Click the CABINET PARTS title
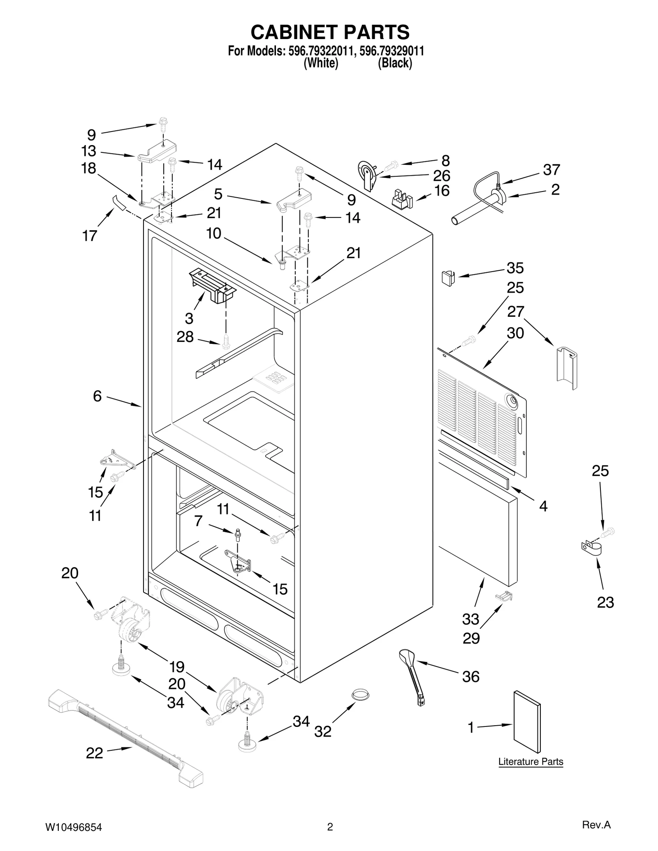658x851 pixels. pos(330,32)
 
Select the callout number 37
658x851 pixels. pos(551,169)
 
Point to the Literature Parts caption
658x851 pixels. pos(531,761)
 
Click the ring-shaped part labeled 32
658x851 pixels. pos(360,694)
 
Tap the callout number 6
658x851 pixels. pos(97,396)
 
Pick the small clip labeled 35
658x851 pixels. pos(448,278)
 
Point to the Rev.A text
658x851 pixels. pos(596,823)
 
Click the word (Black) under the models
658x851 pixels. pos(395,63)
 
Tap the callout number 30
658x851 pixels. pos(515,333)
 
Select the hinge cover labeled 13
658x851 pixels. pos(157,153)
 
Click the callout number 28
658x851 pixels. pos(185,337)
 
